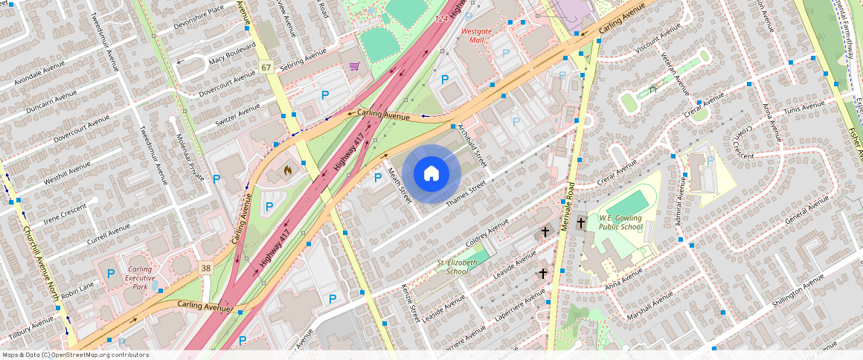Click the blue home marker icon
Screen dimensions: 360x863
tap(431, 173)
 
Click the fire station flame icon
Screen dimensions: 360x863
tap(288, 171)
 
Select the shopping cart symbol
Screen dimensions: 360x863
tap(355, 66)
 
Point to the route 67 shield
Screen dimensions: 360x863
tap(266, 68)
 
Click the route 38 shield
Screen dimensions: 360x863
tap(205, 266)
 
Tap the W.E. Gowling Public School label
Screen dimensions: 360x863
tap(620, 222)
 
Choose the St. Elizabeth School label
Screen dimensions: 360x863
tap(457, 267)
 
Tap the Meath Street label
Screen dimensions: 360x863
tap(400, 185)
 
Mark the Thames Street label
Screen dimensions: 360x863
tap(466, 193)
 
